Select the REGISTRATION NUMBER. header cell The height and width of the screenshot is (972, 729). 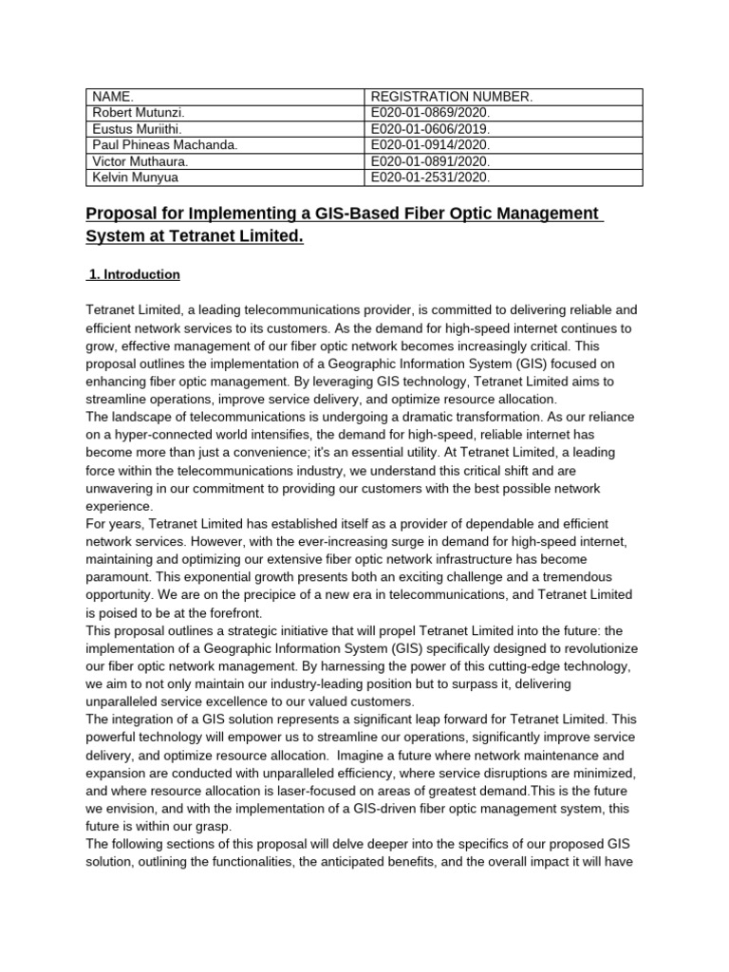point(439,97)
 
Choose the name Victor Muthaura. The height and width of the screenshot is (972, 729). point(140,160)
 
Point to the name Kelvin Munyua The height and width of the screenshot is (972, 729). point(135,177)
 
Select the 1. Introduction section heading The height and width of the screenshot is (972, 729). point(135,274)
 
